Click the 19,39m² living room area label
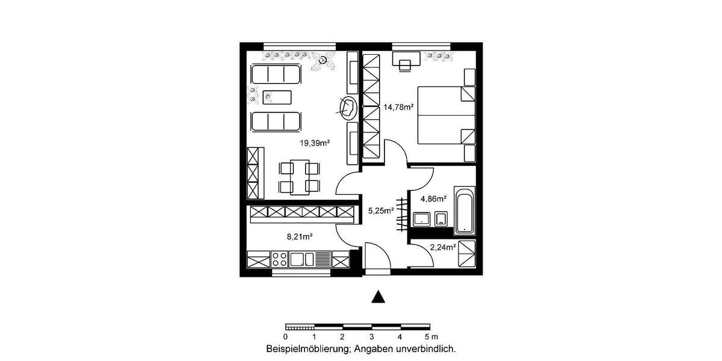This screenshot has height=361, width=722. coord(315,143)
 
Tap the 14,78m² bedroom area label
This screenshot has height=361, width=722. coord(398,107)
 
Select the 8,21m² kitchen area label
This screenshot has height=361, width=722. coord(299,237)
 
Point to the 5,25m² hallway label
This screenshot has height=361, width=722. coord(380,210)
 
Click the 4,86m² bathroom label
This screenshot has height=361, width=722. coord(433,199)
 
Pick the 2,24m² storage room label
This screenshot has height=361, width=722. coord(443,247)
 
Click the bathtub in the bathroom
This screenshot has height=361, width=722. coord(464,210)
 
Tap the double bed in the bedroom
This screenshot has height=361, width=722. coord(445,115)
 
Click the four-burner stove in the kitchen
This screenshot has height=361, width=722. coord(280,259)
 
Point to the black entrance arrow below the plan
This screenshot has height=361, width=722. coord(377,296)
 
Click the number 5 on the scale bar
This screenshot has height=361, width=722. coord(427,336)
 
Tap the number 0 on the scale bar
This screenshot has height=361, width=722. coord(286,336)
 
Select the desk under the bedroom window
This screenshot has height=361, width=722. coord(406,61)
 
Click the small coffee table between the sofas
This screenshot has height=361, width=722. coord(277,96)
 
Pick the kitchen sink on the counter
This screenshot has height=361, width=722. coord(302,259)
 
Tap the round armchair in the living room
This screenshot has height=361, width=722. coord(348,108)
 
